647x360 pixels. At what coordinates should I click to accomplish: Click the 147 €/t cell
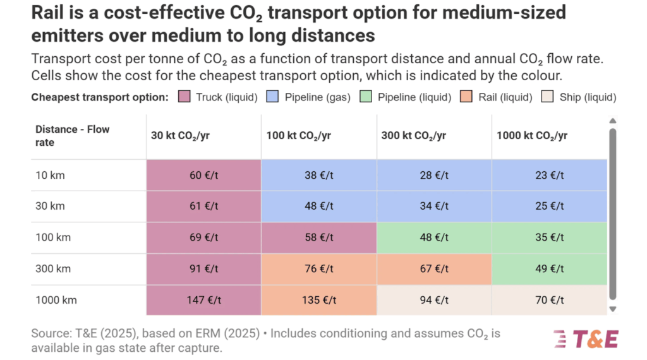[203, 300]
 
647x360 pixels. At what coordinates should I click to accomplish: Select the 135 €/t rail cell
[319, 300]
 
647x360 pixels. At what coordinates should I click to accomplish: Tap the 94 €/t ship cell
[434, 300]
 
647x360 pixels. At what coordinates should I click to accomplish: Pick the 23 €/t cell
[549, 175]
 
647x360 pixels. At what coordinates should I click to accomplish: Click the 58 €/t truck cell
[319, 237]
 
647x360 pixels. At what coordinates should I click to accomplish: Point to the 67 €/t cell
[434, 268]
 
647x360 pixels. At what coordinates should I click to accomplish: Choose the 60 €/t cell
[203, 175]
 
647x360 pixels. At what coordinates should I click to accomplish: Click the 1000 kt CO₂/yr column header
[532, 136]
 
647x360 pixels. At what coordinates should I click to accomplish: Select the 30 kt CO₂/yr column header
[179, 136]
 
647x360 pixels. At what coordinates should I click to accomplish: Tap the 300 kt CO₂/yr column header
[414, 136]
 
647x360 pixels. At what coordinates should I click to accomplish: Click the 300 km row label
[53, 268]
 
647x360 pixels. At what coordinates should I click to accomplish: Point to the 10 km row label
[50, 175]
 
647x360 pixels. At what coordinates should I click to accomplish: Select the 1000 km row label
[56, 300]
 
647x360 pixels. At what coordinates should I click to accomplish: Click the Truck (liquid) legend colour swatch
[184, 97]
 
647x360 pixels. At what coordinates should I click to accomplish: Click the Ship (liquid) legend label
[588, 97]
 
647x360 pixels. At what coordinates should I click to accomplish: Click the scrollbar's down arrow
[612, 309]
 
